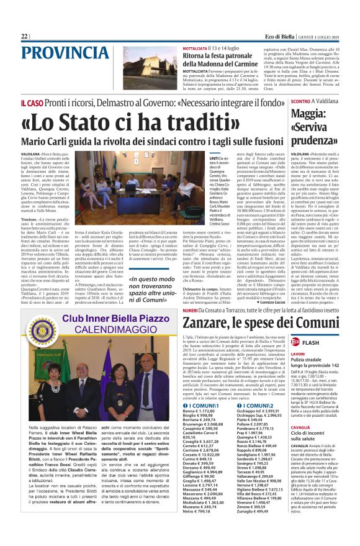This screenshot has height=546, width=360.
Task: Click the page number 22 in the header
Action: click(24, 37)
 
